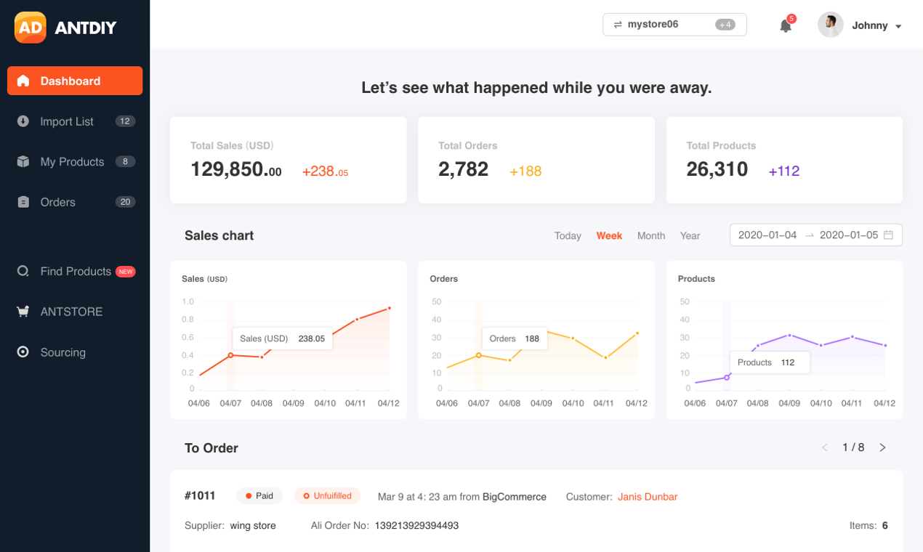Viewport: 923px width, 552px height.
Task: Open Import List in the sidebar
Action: [67, 121]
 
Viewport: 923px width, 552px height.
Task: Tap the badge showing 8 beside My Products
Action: [125, 161]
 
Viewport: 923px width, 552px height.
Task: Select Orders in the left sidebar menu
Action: [58, 202]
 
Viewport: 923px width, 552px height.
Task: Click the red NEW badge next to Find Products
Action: [126, 272]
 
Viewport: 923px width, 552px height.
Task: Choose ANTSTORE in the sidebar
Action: [71, 312]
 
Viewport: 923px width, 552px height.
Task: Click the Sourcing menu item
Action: [63, 352]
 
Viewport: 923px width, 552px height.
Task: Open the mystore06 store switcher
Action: [674, 25]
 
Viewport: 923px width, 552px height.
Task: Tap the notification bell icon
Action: [786, 26]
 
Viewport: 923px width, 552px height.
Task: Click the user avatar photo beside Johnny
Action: [830, 25]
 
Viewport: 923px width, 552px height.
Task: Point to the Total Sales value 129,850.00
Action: [235, 170]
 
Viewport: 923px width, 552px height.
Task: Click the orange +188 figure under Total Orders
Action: [525, 171]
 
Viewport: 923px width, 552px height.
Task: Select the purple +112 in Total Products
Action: [783, 171]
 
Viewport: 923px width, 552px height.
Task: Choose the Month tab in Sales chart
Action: [651, 236]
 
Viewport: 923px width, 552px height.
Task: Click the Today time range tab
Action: [568, 236]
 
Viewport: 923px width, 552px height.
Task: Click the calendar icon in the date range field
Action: [888, 235]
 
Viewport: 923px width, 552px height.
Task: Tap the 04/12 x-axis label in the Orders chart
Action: [636, 403]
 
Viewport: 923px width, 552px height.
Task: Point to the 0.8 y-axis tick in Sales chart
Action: [188, 320]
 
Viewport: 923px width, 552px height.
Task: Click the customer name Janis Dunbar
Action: [648, 497]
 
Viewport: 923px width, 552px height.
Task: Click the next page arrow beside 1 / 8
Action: [882, 447]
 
